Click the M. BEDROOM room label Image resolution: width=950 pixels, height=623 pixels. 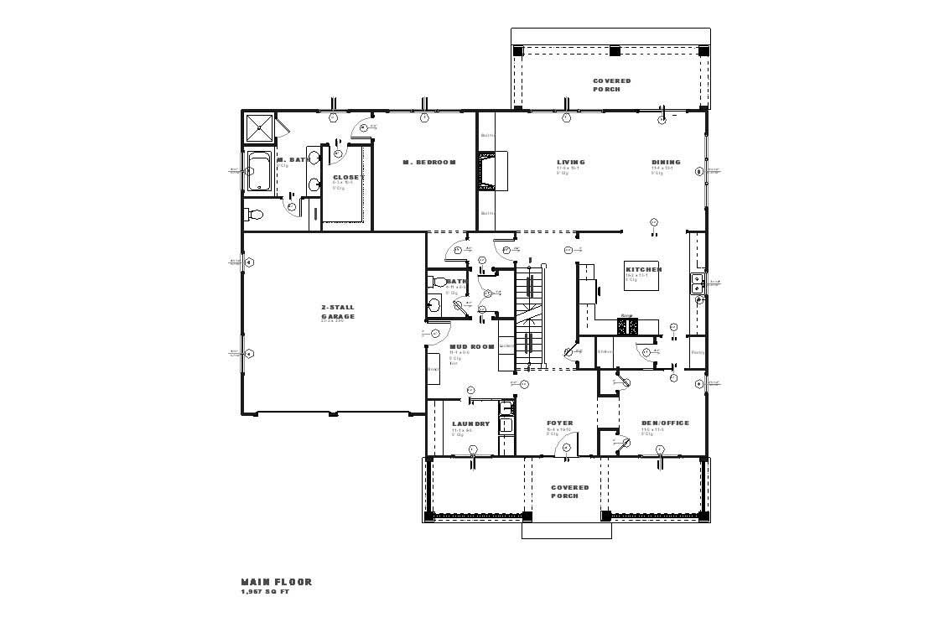click(428, 163)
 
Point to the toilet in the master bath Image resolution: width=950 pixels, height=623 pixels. click(255, 215)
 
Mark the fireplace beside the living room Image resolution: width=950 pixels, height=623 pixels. click(486, 170)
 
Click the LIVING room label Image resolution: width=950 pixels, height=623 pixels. click(571, 163)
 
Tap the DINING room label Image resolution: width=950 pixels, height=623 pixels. click(666, 163)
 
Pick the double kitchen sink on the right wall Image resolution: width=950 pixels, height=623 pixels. click(696, 283)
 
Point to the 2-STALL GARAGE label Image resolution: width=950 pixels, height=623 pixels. click(338, 312)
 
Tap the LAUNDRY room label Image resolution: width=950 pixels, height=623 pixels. click(470, 424)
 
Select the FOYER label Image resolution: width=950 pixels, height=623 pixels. click(559, 423)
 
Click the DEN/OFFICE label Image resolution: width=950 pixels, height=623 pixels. click(665, 423)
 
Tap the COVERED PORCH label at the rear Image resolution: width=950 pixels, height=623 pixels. click(611, 86)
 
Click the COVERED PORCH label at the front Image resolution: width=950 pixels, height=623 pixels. click(569, 491)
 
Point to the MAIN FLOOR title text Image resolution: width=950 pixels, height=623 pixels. click(276, 582)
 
